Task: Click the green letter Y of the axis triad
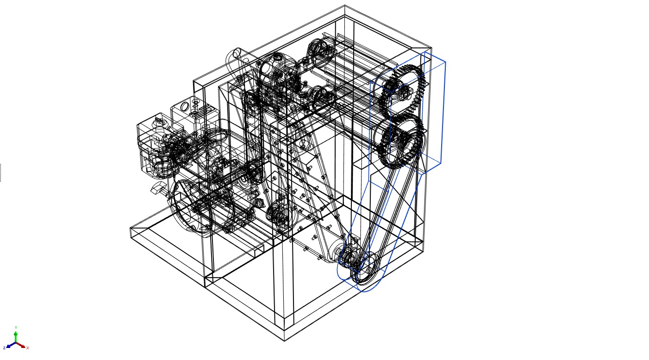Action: coord(16,328)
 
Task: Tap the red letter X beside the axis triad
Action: coord(27,348)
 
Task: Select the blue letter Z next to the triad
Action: coord(4,348)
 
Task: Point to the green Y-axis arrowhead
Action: coord(16,333)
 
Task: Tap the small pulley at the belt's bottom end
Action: coord(367,268)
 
